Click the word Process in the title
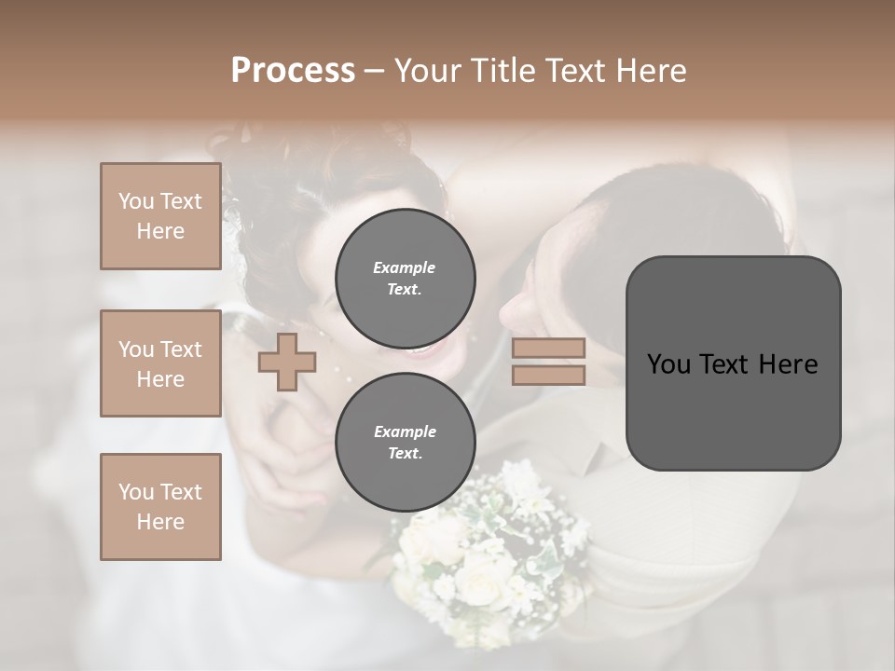293,71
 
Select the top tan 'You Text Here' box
160,216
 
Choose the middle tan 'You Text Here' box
160,363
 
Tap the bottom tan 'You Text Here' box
160,506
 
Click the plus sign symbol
287,362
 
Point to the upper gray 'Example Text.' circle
405,278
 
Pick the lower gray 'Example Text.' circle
405,442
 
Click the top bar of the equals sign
548,349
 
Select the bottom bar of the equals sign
548,375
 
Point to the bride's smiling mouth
421,350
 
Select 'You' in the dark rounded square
668,364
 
